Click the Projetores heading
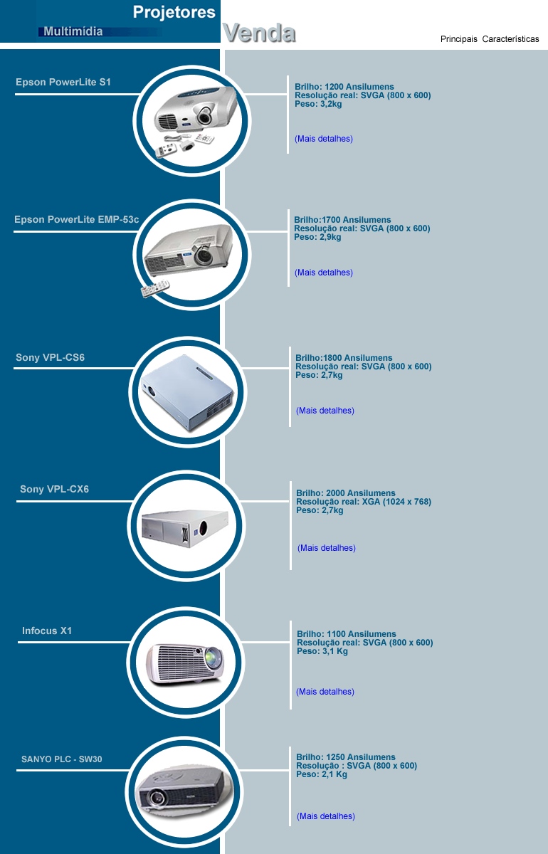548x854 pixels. pos(174,13)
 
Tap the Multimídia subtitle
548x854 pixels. pos(73,31)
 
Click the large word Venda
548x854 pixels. pos(259,33)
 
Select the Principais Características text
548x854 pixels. pos(490,39)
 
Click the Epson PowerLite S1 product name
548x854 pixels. pos(63,82)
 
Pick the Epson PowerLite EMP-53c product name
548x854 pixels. pos(77,220)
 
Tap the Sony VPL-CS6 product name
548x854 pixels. pos(50,357)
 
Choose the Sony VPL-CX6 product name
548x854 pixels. pos(54,489)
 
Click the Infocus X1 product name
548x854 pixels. pos(47,631)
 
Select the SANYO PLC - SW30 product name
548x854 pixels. pos(61,759)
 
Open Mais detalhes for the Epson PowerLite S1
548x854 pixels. pos(324,139)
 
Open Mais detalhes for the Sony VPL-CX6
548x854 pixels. pos(327,548)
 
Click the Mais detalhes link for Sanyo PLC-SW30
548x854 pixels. pos(326,816)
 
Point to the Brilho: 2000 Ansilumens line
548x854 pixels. pos(346,493)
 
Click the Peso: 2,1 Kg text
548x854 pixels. pos(322,774)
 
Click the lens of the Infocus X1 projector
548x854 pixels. pos(214,658)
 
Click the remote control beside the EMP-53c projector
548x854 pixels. pos(155,289)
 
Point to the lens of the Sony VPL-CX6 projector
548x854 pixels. pos(203,527)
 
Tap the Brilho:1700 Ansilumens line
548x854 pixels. pos(342,220)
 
